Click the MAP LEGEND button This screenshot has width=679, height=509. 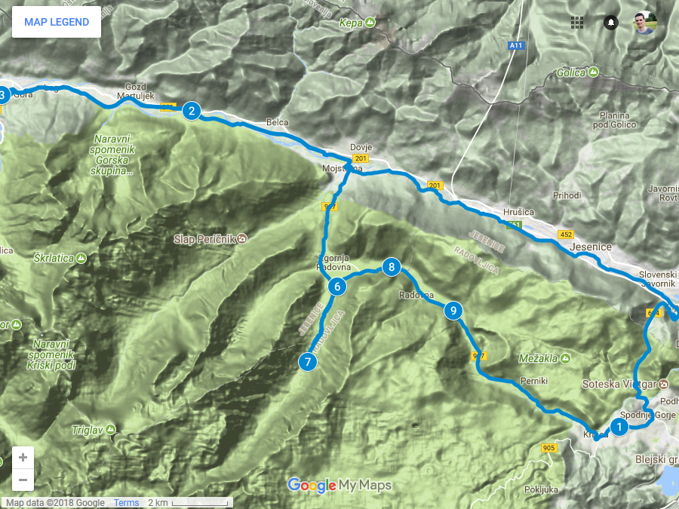[x=57, y=22]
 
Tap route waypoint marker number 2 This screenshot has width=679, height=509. [x=192, y=112]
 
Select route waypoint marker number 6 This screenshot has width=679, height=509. [x=337, y=287]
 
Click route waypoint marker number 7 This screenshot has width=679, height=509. [x=307, y=361]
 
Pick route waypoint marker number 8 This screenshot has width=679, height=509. [x=391, y=267]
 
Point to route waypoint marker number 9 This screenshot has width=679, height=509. [x=453, y=310]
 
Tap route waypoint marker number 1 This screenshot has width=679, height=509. [x=619, y=428]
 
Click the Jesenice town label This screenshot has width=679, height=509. [x=591, y=247]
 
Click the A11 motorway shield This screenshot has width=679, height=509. [x=516, y=46]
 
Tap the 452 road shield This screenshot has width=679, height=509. [x=566, y=235]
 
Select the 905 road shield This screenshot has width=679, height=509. [x=548, y=448]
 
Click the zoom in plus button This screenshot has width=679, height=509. [x=23, y=457]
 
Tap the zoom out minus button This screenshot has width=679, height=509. [x=23, y=480]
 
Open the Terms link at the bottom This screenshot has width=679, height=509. [x=126, y=503]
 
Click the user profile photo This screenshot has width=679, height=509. [x=645, y=23]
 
